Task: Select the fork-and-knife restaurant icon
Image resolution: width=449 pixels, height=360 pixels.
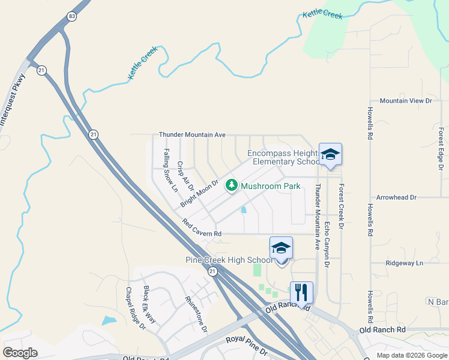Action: tap(301, 292)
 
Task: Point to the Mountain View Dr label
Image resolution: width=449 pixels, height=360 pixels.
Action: tap(406, 101)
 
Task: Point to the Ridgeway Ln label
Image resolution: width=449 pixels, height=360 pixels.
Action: tap(404, 263)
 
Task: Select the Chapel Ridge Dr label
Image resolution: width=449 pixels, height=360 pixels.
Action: tap(135, 308)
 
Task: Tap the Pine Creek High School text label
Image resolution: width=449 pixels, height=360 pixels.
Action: tap(229, 260)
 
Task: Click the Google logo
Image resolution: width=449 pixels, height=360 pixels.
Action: tap(20, 353)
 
